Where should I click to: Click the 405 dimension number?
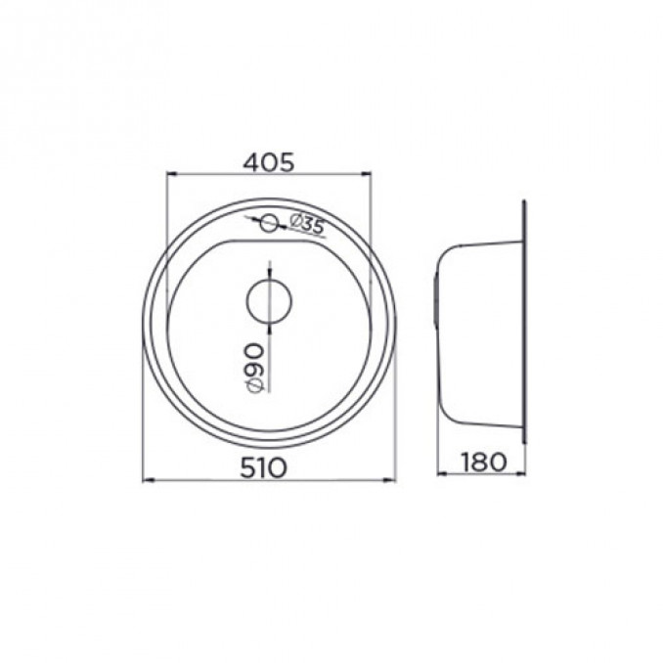coord(269,162)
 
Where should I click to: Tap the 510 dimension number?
coord(263,468)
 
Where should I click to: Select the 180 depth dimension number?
coord(484,462)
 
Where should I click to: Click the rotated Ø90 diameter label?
coord(255,367)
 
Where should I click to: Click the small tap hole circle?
coord(269,223)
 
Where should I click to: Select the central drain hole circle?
coord(269,301)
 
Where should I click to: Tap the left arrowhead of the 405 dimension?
coord(171,173)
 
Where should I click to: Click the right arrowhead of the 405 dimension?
coord(366,173)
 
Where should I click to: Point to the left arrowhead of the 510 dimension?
coord(148,480)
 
